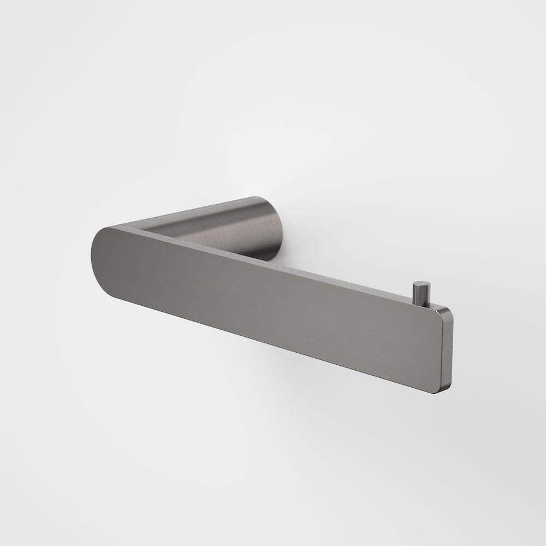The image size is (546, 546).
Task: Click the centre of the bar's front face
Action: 268,306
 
